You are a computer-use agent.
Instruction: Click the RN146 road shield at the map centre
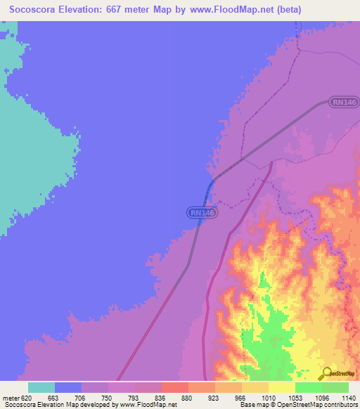tap(202, 212)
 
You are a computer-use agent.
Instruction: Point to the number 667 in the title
tap(126, 9)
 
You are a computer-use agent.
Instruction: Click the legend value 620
tap(27, 398)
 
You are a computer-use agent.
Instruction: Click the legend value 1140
tap(349, 398)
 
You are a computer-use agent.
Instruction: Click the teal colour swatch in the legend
tap(41, 387)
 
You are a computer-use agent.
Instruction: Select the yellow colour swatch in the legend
tap(282, 387)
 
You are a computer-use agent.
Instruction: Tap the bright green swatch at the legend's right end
tap(335, 387)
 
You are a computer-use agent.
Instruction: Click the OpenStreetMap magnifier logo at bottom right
tap(326, 374)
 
